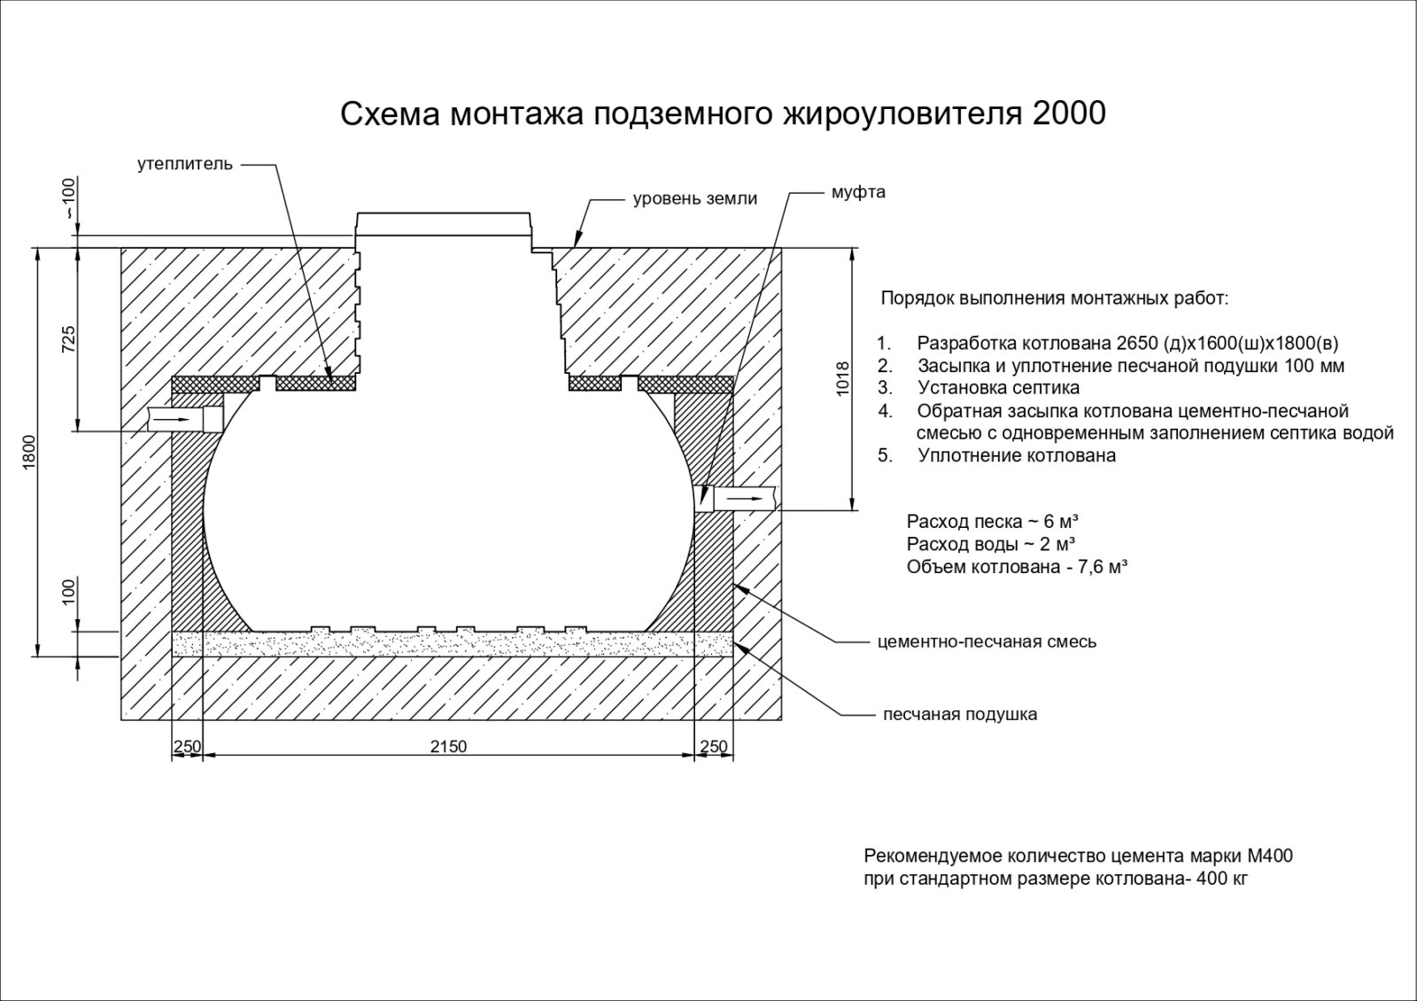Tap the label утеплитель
point(185,164)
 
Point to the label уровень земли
point(694,198)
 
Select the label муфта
point(858,192)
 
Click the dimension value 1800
point(29,453)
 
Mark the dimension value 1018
point(842,378)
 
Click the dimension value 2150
point(448,747)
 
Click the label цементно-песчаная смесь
point(987,641)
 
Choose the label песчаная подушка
point(959,714)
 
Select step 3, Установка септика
point(998,388)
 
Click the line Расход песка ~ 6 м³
point(992,521)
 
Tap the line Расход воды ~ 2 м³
point(991,544)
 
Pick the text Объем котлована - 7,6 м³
point(1016,567)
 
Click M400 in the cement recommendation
point(1269,857)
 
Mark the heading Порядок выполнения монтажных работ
point(1054,298)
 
